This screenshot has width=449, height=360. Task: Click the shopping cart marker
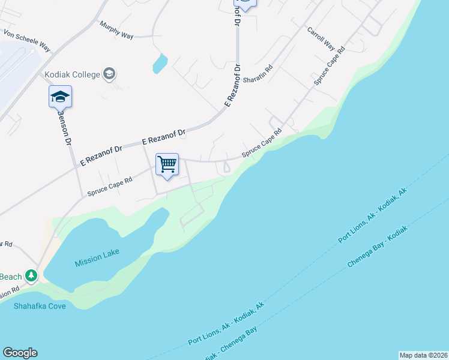(x=167, y=164)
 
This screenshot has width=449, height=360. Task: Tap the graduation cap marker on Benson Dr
(x=60, y=97)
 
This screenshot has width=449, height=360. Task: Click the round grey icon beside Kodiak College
(x=109, y=74)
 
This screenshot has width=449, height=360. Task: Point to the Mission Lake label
(x=97, y=263)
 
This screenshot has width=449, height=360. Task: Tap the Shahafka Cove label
(x=40, y=305)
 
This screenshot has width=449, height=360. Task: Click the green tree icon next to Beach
(x=31, y=277)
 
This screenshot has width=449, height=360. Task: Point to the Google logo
(x=20, y=353)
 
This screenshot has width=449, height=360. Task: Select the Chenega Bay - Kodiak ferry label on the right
(x=378, y=247)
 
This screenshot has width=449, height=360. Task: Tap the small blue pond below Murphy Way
(x=160, y=63)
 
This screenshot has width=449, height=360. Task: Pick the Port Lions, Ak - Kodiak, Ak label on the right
(x=372, y=215)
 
